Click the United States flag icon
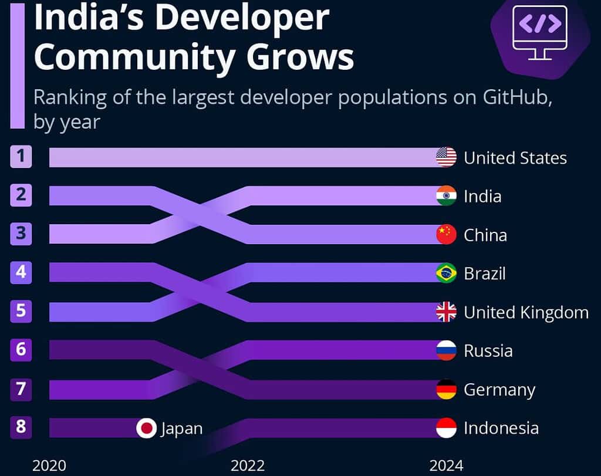click(x=446, y=157)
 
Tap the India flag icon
click(x=446, y=195)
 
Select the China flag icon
click(x=446, y=234)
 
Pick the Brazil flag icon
click(x=446, y=273)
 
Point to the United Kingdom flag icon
click(x=446, y=312)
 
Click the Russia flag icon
click(x=446, y=350)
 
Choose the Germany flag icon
click(x=446, y=389)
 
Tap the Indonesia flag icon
click(x=446, y=428)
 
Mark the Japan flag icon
click(x=146, y=428)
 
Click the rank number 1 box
click(x=21, y=157)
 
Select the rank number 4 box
click(x=21, y=273)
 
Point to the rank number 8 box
click(x=21, y=427)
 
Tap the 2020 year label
click(x=49, y=466)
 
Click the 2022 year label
click(x=248, y=466)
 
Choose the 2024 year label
click(x=446, y=466)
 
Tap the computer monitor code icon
click(x=540, y=32)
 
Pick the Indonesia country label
click(x=501, y=428)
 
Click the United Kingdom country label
click(x=526, y=312)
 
